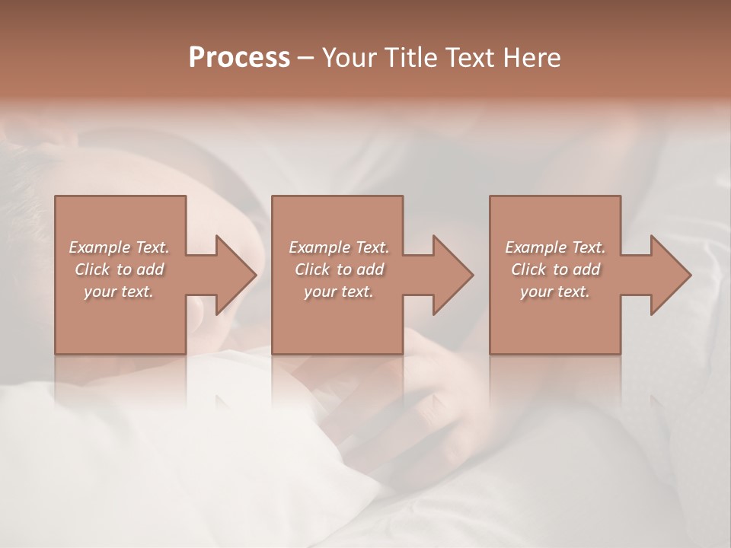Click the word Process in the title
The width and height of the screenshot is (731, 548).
click(x=239, y=57)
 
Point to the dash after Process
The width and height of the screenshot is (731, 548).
click(x=306, y=58)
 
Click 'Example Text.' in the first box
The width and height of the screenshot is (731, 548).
click(x=119, y=247)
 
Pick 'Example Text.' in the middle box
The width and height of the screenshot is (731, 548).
click(x=338, y=247)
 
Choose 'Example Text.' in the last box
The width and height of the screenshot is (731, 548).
click(x=555, y=247)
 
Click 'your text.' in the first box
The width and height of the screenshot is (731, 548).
click(x=119, y=292)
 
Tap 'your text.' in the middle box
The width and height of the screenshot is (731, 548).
click(x=338, y=292)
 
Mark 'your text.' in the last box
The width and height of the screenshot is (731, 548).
click(x=555, y=292)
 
